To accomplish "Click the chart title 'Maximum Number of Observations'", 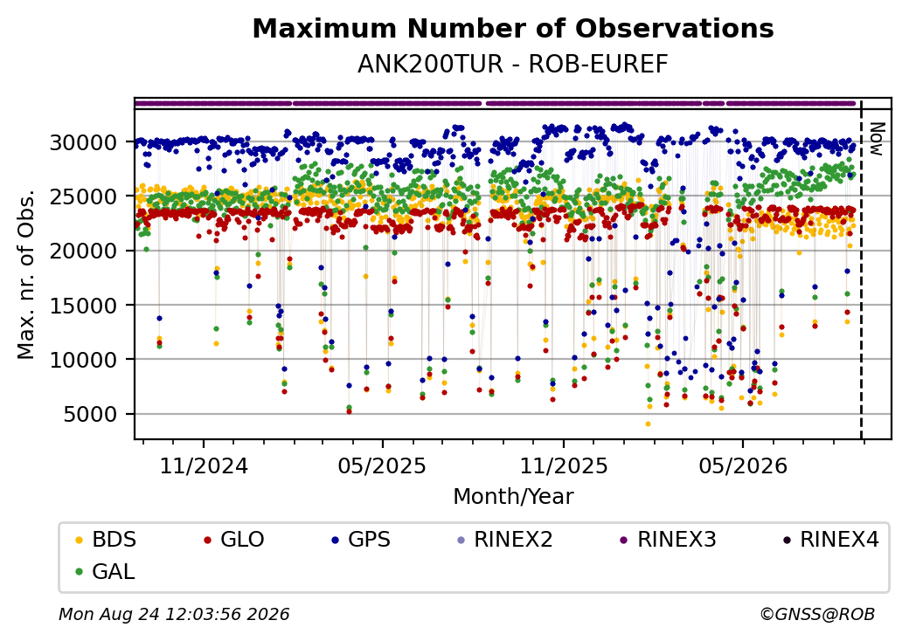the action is pyautogui.click(x=513, y=28).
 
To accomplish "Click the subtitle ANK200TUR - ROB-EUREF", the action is pyautogui.click(x=513, y=65).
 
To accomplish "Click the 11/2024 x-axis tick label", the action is pyautogui.click(x=204, y=466).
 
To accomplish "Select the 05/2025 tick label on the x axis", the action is pyautogui.click(x=382, y=466).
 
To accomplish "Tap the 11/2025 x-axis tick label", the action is pyautogui.click(x=564, y=466).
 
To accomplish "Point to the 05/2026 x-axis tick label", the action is pyautogui.click(x=743, y=466).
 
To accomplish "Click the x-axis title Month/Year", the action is pyautogui.click(x=513, y=497).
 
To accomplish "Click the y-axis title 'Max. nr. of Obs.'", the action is pyautogui.click(x=26, y=274).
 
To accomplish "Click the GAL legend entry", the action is pyautogui.click(x=106, y=571).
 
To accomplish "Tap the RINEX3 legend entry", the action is pyautogui.click(x=669, y=540).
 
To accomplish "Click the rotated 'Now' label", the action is pyautogui.click(x=876, y=139).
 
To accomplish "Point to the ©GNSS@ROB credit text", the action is pyautogui.click(x=817, y=614).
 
